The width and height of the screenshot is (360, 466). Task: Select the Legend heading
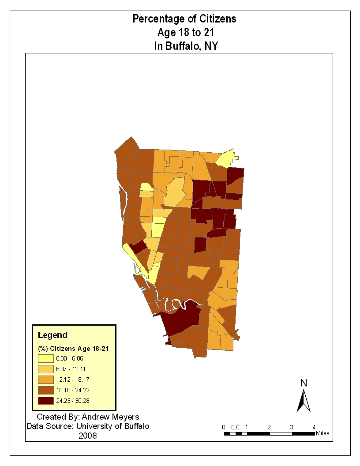point(52,335)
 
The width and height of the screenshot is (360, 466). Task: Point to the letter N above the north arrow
point(304,383)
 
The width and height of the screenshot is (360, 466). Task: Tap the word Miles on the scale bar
point(322,433)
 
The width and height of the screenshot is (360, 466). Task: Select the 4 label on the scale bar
point(314,427)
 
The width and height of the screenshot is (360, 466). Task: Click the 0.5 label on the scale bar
point(235,427)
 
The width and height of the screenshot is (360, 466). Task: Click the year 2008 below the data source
point(87,436)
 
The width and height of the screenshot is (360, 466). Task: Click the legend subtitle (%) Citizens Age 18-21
point(73,349)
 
